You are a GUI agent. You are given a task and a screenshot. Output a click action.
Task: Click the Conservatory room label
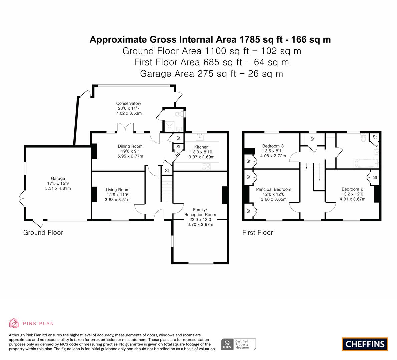click(129, 103)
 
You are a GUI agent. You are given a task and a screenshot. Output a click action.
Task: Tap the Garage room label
click(58, 178)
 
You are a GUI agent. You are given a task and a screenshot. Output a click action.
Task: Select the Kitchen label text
click(201, 147)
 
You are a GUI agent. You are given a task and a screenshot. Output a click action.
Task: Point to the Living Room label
click(117, 190)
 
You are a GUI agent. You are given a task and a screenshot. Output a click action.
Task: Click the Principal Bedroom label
click(273, 189)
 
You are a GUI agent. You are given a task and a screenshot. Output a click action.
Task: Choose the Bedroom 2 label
click(352, 189)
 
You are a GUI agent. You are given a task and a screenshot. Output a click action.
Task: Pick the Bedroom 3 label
click(273, 146)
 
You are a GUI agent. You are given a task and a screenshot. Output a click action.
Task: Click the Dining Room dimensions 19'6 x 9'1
click(130, 151)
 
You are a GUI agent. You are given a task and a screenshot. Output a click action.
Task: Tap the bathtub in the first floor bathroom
click(366, 163)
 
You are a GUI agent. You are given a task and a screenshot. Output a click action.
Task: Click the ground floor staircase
click(167, 192)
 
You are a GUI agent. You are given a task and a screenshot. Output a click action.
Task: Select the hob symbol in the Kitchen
click(206, 166)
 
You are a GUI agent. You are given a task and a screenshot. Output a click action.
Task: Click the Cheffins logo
click(365, 344)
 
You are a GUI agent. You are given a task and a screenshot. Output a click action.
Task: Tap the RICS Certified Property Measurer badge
click(239, 344)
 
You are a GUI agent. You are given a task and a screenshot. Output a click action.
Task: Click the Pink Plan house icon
click(14, 323)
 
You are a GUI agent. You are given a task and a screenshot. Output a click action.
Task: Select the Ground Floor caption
click(43, 233)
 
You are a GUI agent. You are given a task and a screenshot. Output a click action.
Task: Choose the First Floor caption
click(257, 233)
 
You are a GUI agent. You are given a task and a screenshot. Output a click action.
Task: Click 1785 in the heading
click(249, 39)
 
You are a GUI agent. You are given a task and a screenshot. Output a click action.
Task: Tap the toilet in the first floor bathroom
click(363, 137)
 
